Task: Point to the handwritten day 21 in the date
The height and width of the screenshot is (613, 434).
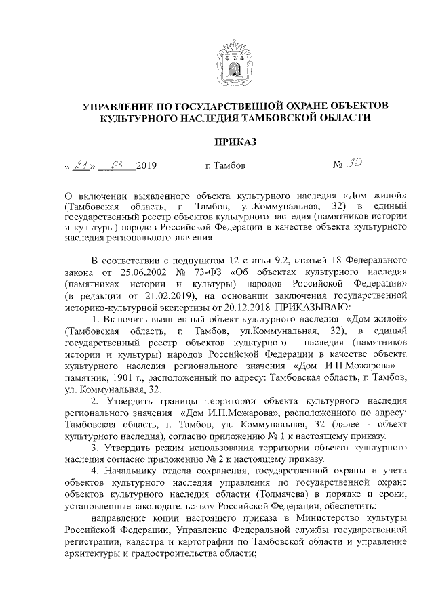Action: pos(81,165)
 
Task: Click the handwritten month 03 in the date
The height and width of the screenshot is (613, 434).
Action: pos(117,165)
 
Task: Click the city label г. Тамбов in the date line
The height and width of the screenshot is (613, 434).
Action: pos(224,165)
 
